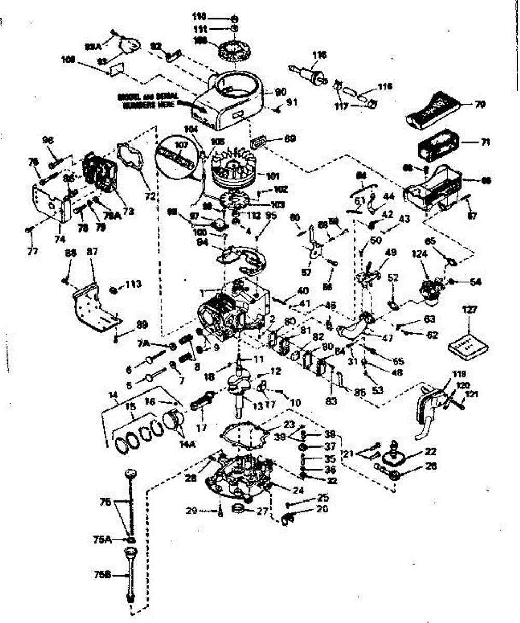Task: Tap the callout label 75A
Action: click(102, 539)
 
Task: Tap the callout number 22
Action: click(431, 451)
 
